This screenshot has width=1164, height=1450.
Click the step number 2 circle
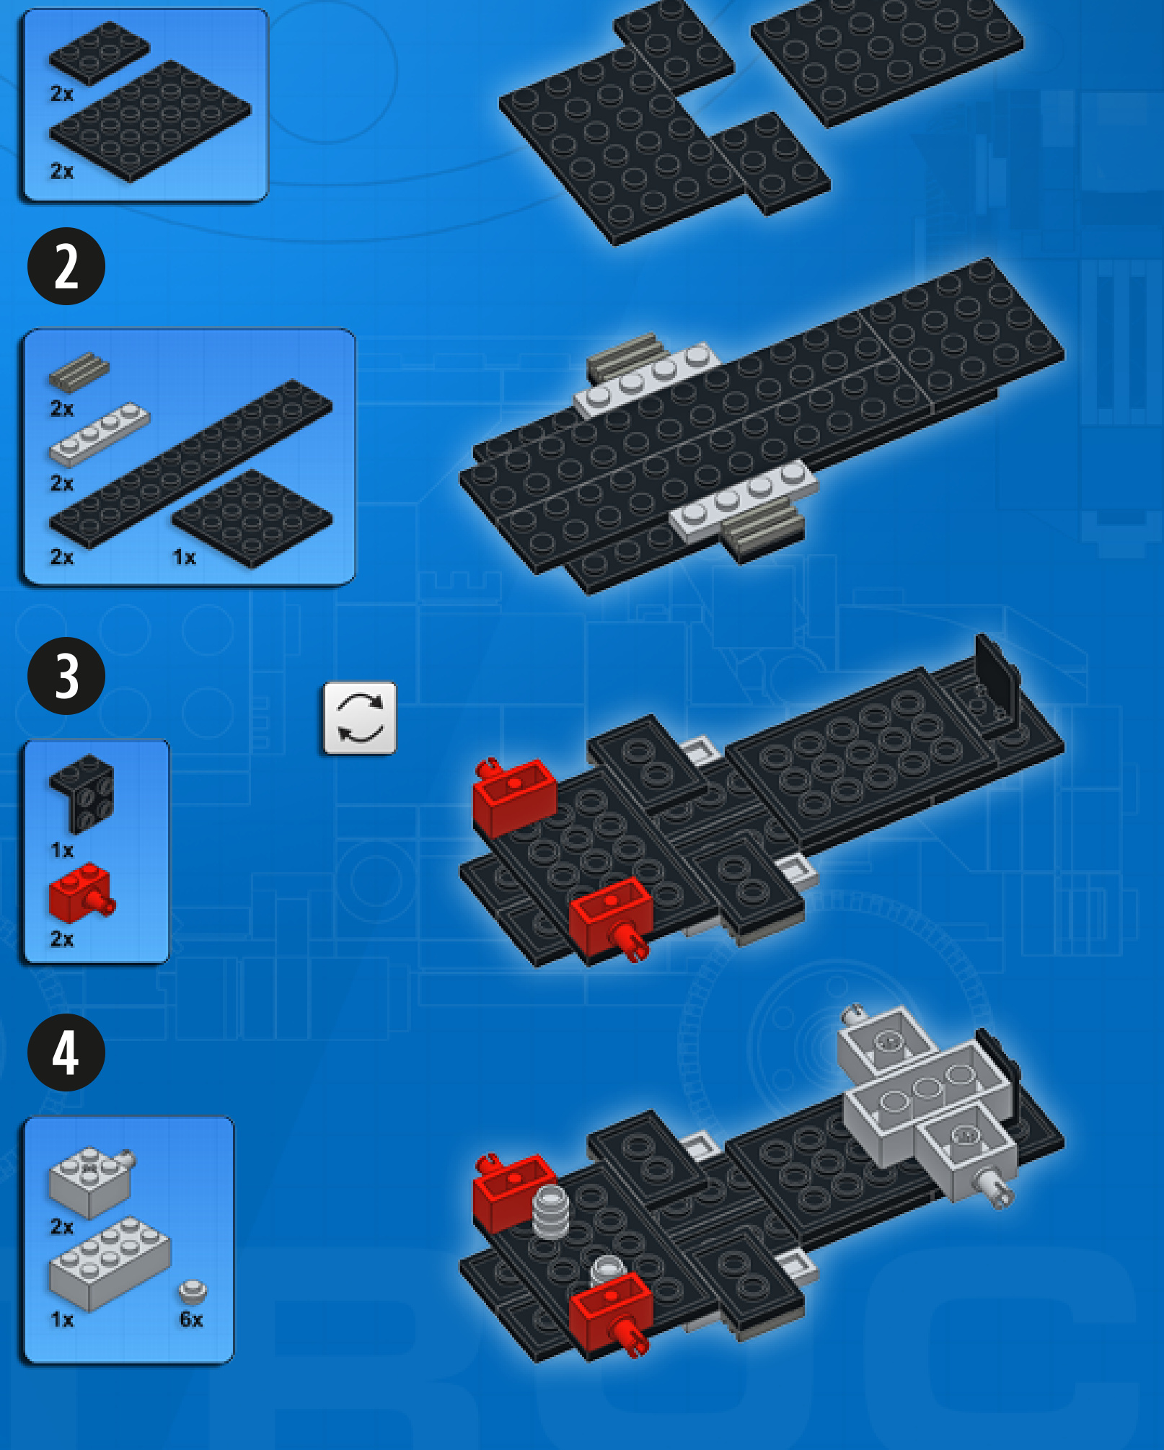(66, 266)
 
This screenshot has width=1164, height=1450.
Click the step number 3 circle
(66, 676)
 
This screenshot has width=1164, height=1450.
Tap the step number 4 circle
(66, 1053)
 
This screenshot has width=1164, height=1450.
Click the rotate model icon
(360, 718)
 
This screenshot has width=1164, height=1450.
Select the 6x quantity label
(191, 1319)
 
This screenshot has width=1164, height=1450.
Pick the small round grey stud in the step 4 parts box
(193, 1291)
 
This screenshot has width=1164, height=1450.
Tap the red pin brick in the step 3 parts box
(81, 893)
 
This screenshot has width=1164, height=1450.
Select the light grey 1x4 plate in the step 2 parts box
(99, 434)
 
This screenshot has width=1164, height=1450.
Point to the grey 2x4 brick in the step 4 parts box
(110, 1263)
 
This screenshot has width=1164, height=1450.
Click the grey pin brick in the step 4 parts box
(91, 1180)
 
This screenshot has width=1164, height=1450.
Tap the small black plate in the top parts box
(99, 53)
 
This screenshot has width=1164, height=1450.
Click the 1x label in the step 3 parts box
(62, 850)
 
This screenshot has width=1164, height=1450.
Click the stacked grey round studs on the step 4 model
(550, 1212)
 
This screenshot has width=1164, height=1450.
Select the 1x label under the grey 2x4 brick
(62, 1319)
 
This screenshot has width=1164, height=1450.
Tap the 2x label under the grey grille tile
(62, 408)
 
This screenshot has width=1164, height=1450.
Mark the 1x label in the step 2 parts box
(185, 557)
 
